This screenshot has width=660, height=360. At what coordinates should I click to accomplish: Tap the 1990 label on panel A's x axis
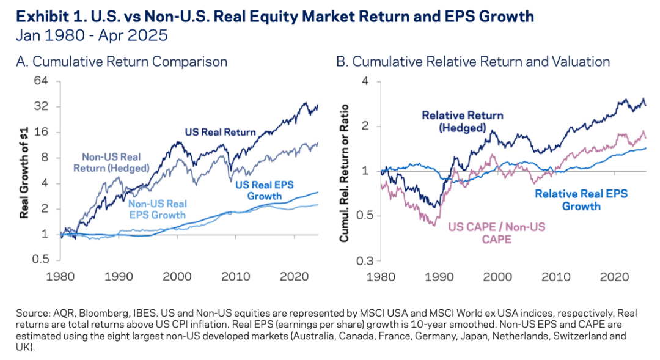click(x=117, y=276)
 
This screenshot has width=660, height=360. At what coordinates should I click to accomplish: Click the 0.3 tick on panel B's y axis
click(x=363, y=261)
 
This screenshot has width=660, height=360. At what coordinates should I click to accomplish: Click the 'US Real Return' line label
click(x=221, y=131)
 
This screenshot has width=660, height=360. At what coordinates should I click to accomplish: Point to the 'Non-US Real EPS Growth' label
click(x=158, y=210)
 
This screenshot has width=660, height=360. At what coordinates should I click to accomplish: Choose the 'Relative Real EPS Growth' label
click(x=581, y=200)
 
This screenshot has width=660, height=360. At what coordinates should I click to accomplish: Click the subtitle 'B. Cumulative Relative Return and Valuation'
click(x=473, y=62)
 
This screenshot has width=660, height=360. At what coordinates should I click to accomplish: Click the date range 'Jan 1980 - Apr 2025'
click(x=91, y=35)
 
